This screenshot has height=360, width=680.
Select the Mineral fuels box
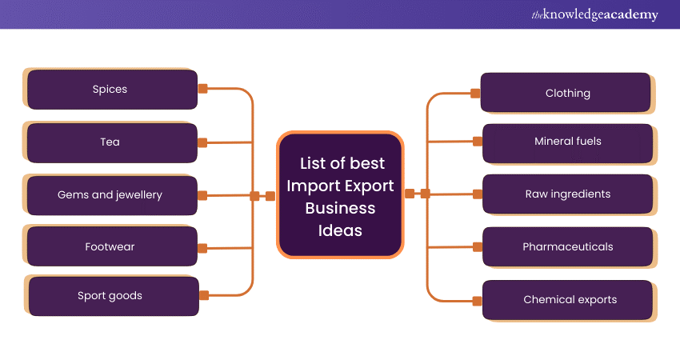(x=568, y=142)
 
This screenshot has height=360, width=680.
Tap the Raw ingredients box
(x=568, y=194)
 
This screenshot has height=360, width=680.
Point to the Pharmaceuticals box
(x=568, y=247)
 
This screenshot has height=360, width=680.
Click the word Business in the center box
(x=339, y=208)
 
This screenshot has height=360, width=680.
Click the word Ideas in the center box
(x=339, y=230)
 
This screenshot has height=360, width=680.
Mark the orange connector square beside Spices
(x=202, y=89)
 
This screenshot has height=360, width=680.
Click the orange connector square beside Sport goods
(x=203, y=295)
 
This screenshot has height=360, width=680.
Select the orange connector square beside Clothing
(x=475, y=94)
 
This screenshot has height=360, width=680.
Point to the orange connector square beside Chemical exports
(x=478, y=301)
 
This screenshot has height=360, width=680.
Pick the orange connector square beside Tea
(x=202, y=142)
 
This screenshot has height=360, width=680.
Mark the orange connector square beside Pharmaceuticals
(x=478, y=247)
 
